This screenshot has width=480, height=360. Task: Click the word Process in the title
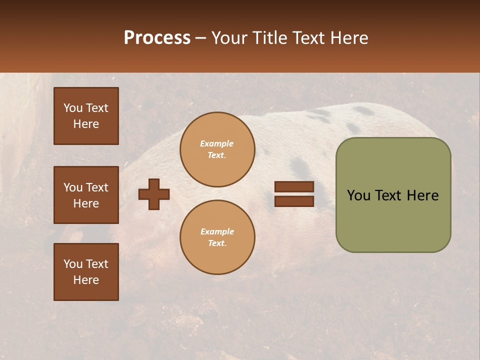(x=157, y=38)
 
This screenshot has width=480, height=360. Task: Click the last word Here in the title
(x=348, y=38)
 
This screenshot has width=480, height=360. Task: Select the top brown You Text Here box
(x=86, y=116)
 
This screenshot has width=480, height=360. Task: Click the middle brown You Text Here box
(x=86, y=195)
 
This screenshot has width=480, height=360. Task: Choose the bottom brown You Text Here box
(x=86, y=272)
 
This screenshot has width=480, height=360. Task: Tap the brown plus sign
(x=153, y=194)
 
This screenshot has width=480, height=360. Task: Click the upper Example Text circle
(x=217, y=149)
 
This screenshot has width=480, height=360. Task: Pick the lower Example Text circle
(x=217, y=237)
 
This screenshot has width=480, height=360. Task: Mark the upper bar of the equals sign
(x=294, y=186)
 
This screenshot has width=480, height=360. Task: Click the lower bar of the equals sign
(x=294, y=201)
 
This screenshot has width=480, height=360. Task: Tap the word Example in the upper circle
(x=216, y=143)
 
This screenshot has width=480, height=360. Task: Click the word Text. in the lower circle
(x=217, y=243)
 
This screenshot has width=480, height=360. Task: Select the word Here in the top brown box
(x=86, y=124)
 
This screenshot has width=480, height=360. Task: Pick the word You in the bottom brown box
(x=73, y=264)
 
